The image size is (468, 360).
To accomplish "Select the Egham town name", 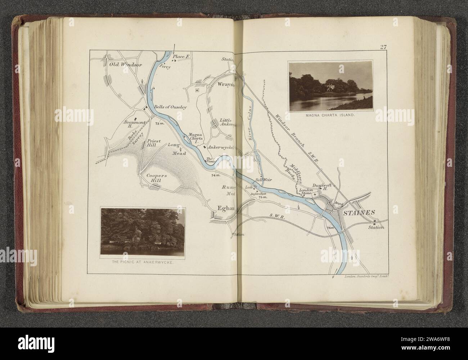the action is (x=225, y=208).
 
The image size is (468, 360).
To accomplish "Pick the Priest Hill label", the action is (x=153, y=144).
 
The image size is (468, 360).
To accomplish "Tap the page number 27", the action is (x=382, y=46).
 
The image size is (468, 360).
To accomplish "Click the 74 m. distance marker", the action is (x=215, y=175).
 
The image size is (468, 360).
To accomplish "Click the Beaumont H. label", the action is (x=134, y=124).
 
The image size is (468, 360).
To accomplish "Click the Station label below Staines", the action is (x=376, y=227).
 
